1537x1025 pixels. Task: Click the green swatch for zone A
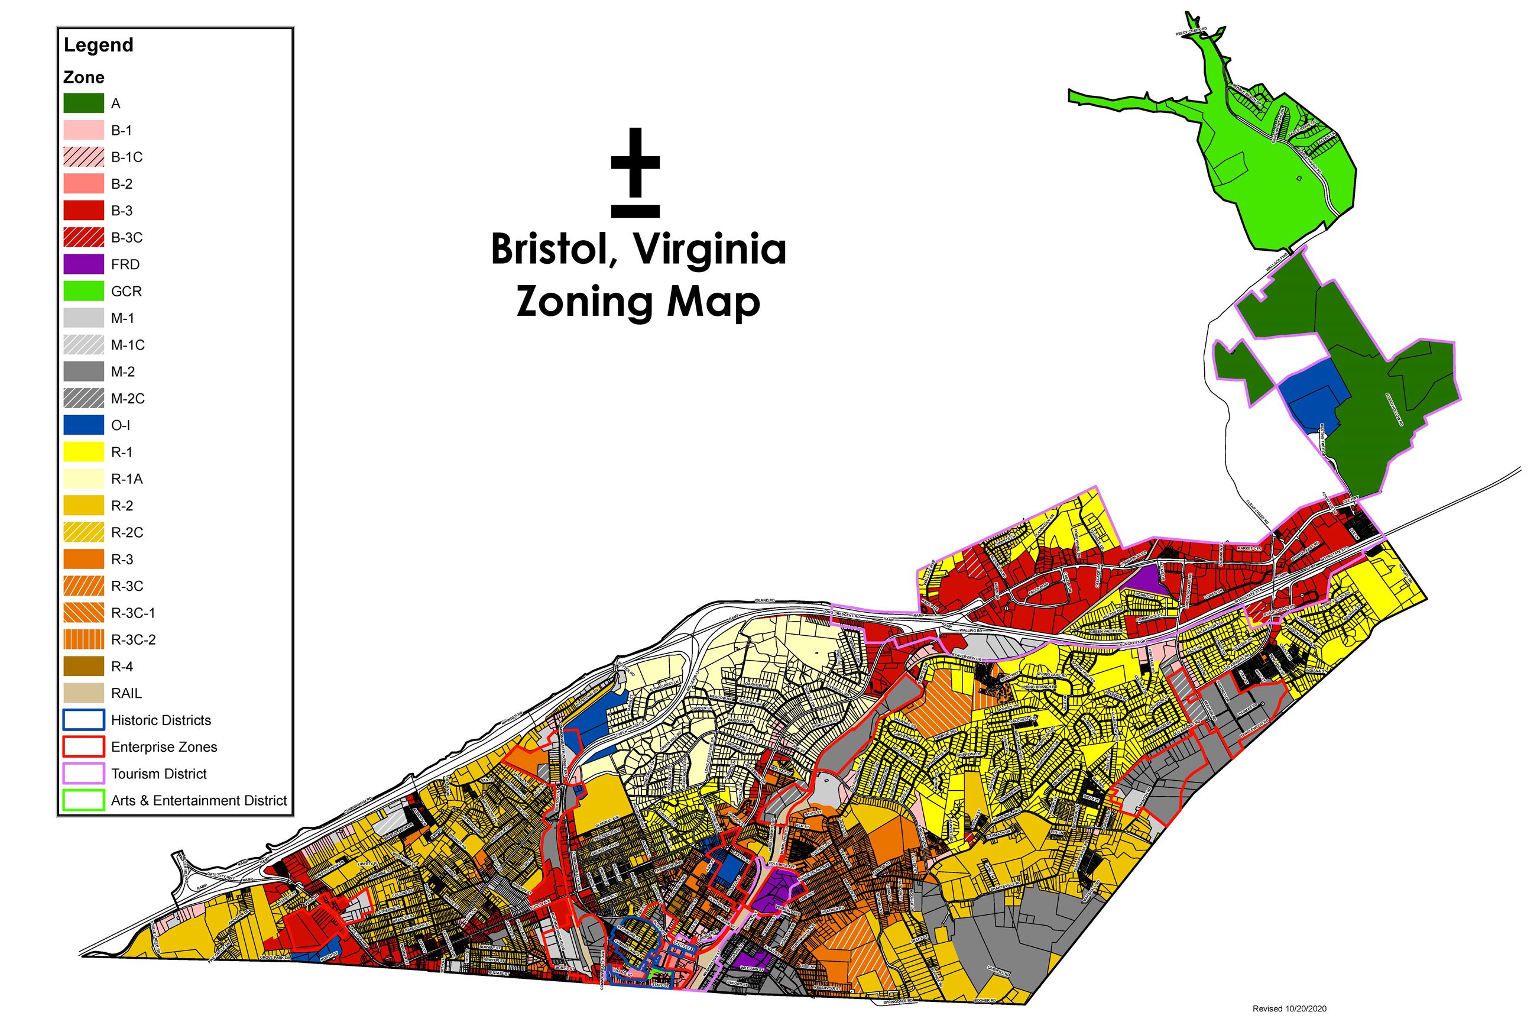click(x=83, y=104)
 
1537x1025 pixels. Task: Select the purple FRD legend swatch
click(x=83, y=264)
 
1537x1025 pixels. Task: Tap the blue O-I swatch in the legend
click(x=83, y=425)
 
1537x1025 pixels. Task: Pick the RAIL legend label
click(x=126, y=693)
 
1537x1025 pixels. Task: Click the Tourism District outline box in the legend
click(x=83, y=773)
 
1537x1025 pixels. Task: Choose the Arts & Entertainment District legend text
click(x=199, y=800)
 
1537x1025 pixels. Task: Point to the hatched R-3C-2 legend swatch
click(x=83, y=639)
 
